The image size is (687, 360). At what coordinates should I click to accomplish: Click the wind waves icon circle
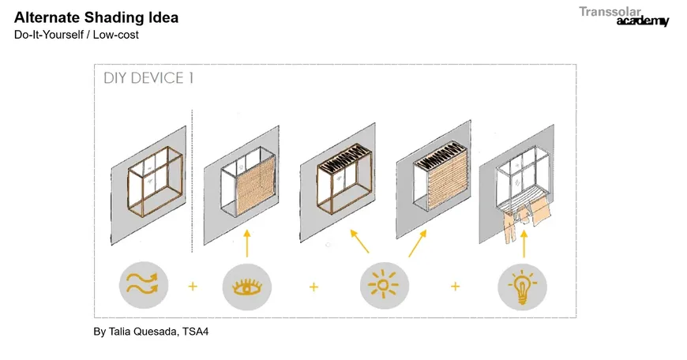144,285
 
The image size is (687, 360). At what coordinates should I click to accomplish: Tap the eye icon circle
246,287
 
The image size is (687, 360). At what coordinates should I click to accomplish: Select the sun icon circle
385,285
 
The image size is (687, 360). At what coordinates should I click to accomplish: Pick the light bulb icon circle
522,287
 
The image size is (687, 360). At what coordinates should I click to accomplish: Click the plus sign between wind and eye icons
193,287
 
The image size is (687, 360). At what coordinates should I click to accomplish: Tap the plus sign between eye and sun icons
313,287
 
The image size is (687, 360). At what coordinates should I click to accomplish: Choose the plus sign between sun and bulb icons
455,287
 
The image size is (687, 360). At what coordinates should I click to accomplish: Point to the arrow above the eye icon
247,243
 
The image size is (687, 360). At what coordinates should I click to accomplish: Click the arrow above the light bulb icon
524,244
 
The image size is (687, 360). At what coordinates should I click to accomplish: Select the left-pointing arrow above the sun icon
359,242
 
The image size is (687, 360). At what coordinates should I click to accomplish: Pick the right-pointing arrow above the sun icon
418,243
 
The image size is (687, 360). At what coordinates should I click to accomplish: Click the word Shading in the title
114,18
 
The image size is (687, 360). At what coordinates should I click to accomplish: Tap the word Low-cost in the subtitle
115,35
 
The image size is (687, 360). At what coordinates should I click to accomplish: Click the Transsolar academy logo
624,17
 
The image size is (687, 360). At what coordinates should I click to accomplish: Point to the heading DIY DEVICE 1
148,78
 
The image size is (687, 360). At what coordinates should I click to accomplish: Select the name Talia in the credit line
119,332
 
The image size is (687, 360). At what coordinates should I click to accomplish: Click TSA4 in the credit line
195,332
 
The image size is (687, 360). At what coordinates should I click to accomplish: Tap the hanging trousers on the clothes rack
510,227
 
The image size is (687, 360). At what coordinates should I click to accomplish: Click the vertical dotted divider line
192,181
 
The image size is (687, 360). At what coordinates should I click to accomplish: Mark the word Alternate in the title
47,17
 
